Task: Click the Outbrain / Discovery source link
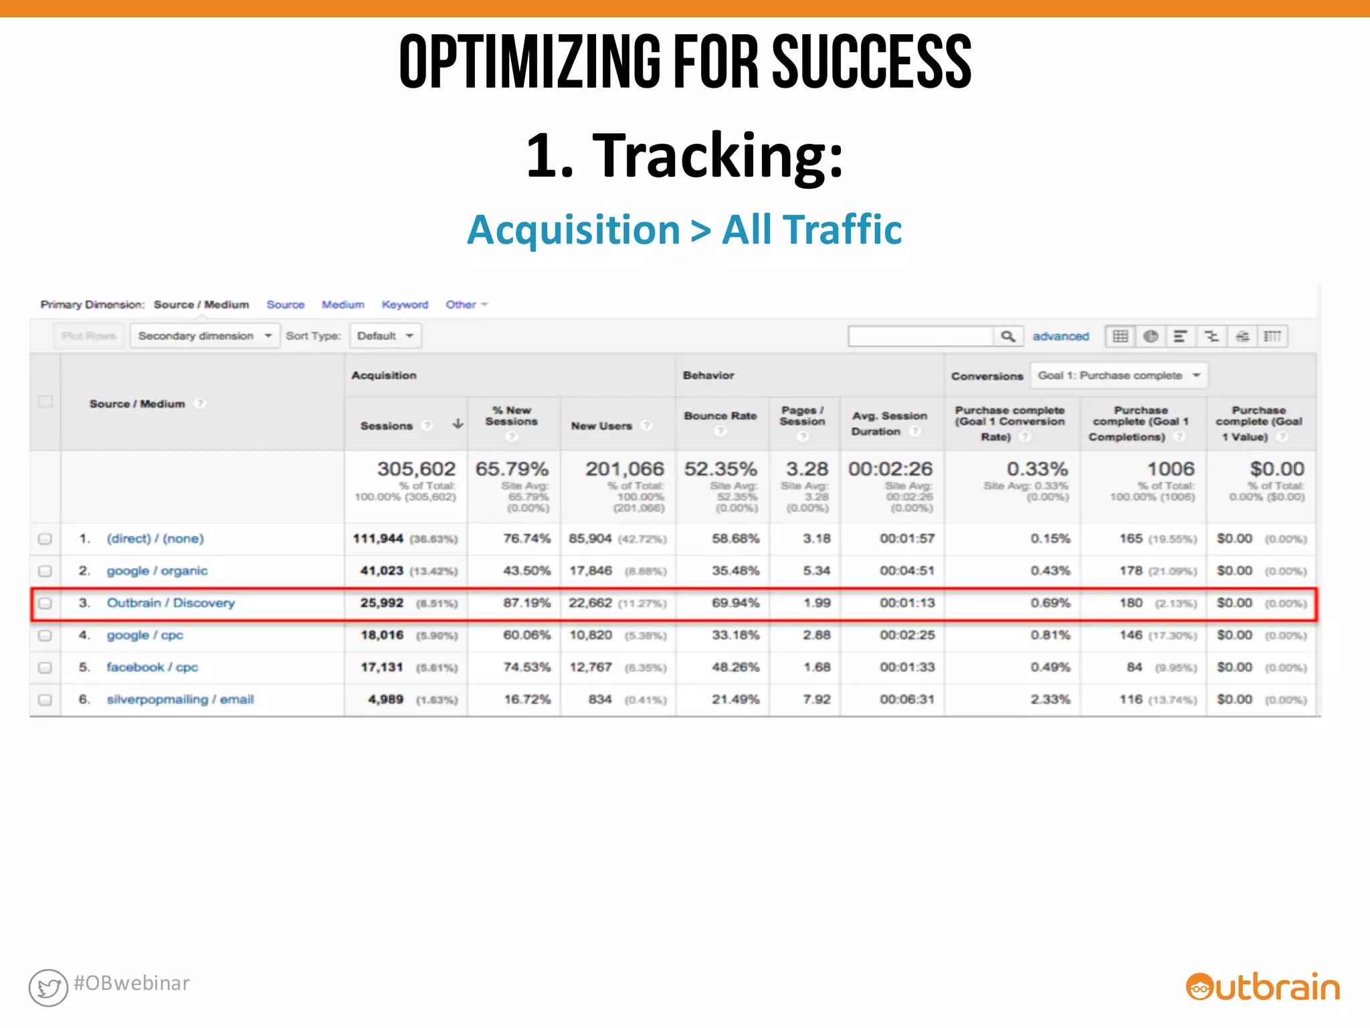point(171,603)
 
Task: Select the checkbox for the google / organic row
point(45,571)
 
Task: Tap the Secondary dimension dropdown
point(204,336)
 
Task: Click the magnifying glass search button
point(1007,336)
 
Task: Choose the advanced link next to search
point(1060,336)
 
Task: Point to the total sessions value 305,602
point(415,469)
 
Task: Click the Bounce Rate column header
point(720,416)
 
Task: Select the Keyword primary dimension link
point(405,305)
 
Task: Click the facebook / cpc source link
point(152,667)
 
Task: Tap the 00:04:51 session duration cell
point(906,571)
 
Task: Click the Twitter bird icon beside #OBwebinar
point(48,987)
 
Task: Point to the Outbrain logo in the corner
point(1262,987)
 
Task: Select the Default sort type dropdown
point(385,336)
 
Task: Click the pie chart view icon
point(1150,336)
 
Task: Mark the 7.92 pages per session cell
point(816,699)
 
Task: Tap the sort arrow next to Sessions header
point(458,424)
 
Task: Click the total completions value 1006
point(1170,469)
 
